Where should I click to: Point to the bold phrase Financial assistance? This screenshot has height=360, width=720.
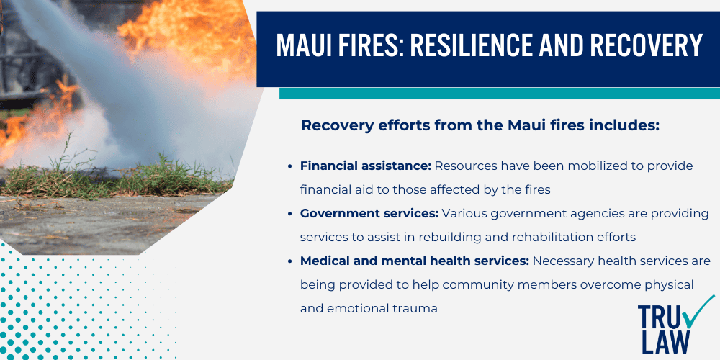pyautogui.click(x=366, y=166)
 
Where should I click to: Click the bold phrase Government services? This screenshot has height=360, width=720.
pyautogui.click(x=369, y=213)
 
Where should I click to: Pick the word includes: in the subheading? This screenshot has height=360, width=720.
pyautogui.click(x=624, y=125)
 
